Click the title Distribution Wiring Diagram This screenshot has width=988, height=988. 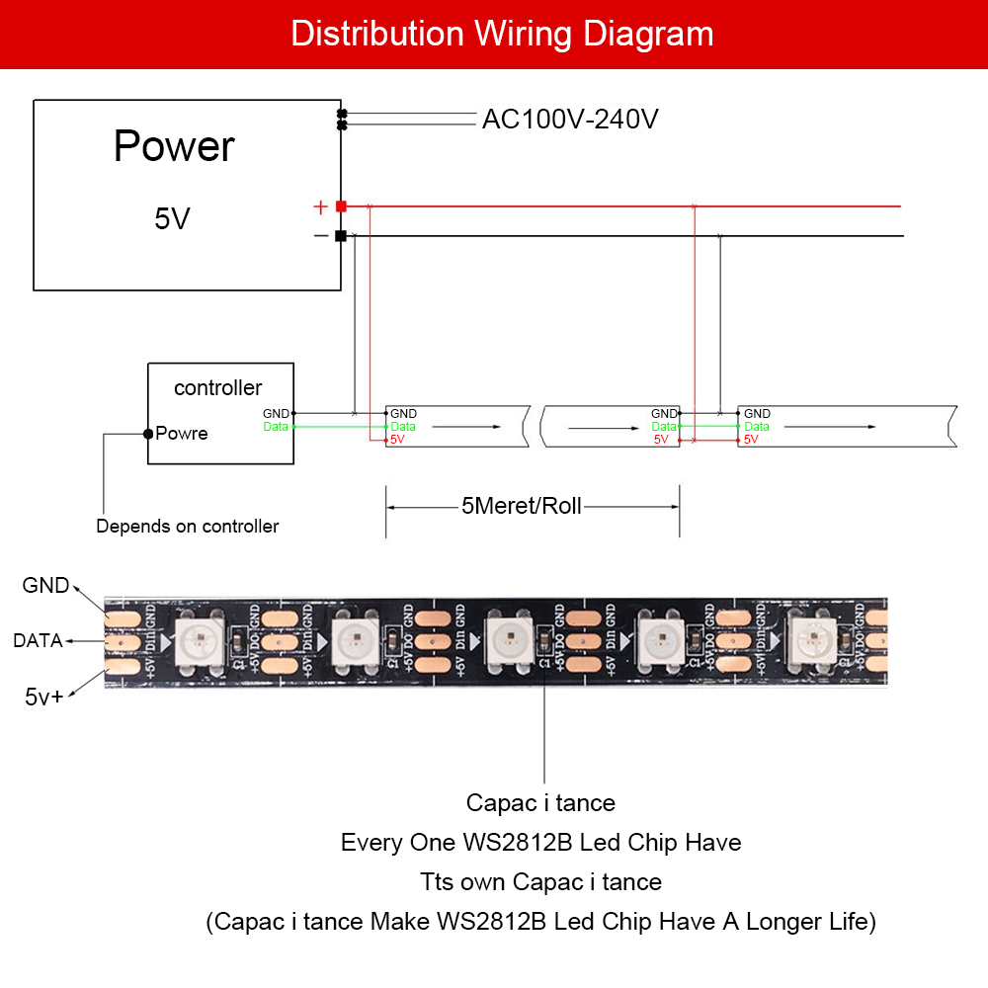502,34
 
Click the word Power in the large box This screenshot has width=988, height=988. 174,146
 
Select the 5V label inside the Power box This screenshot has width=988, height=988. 172,219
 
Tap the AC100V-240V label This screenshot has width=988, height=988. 570,120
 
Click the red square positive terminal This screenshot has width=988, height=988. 341,206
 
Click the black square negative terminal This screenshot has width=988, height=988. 341,236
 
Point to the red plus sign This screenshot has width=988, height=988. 320,207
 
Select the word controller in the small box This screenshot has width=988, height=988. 218,388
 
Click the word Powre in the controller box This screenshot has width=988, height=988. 182,434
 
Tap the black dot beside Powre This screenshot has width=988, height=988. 147,434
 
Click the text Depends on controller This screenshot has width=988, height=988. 187,527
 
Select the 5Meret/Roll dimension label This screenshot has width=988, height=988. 522,507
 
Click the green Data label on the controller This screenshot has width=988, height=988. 276,427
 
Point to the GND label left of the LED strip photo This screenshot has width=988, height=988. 45,586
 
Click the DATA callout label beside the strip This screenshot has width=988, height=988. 38,641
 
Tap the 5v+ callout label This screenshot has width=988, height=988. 43,697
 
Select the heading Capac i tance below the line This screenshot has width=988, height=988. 540,803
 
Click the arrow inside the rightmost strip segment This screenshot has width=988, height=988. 828,427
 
